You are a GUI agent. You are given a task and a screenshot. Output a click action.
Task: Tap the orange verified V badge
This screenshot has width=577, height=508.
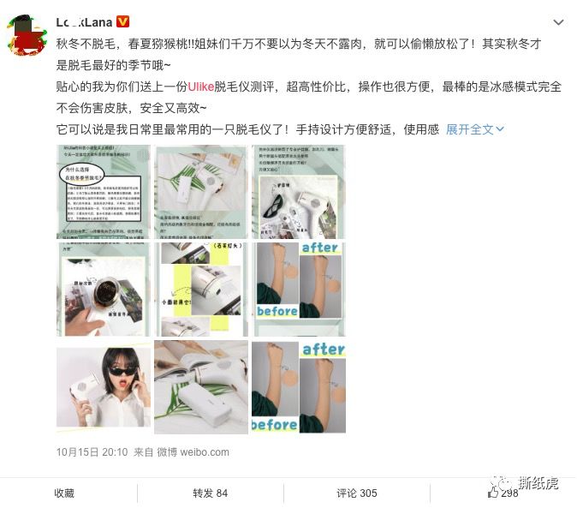[122, 21]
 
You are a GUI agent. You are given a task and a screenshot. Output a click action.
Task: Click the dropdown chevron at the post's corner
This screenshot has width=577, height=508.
[558, 22]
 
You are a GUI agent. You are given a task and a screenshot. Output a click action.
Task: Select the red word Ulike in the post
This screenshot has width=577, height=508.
[200, 87]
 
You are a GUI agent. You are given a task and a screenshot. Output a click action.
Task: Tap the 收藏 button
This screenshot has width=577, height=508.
[64, 493]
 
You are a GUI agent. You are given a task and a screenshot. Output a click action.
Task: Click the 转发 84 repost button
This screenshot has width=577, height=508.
[210, 493]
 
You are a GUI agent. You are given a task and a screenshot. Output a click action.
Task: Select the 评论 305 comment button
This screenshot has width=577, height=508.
[356, 493]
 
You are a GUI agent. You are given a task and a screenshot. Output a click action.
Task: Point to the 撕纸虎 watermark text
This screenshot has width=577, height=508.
[538, 483]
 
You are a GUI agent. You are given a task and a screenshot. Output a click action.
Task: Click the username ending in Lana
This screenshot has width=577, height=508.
[84, 21]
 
